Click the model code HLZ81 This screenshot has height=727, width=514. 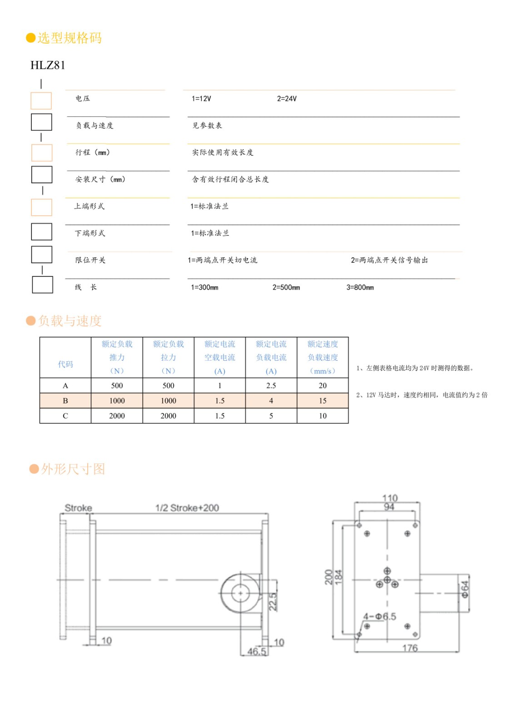[x=48, y=65]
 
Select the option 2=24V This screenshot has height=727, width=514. [x=287, y=99]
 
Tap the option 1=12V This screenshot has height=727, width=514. [x=201, y=99]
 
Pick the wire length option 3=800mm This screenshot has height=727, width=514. [x=360, y=287]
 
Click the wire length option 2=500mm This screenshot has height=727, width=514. [x=286, y=287]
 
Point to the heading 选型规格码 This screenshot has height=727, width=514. [x=69, y=38]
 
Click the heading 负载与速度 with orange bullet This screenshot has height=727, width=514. [x=69, y=321]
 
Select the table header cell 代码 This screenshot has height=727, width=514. [x=65, y=364]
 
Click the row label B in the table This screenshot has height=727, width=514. [x=65, y=401]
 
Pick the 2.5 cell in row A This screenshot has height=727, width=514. [x=271, y=385]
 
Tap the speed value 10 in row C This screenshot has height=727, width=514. [x=322, y=416]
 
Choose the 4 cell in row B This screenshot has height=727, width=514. [x=271, y=401]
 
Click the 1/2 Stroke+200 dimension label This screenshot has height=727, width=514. [x=187, y=508]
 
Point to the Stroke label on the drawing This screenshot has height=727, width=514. [x=78, y=508]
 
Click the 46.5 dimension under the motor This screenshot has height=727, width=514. [x=256, y=652]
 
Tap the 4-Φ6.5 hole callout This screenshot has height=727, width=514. [x=379, y=617]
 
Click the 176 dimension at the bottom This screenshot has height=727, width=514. [x=409, y=648]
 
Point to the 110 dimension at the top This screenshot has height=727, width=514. [x=389, y=498]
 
